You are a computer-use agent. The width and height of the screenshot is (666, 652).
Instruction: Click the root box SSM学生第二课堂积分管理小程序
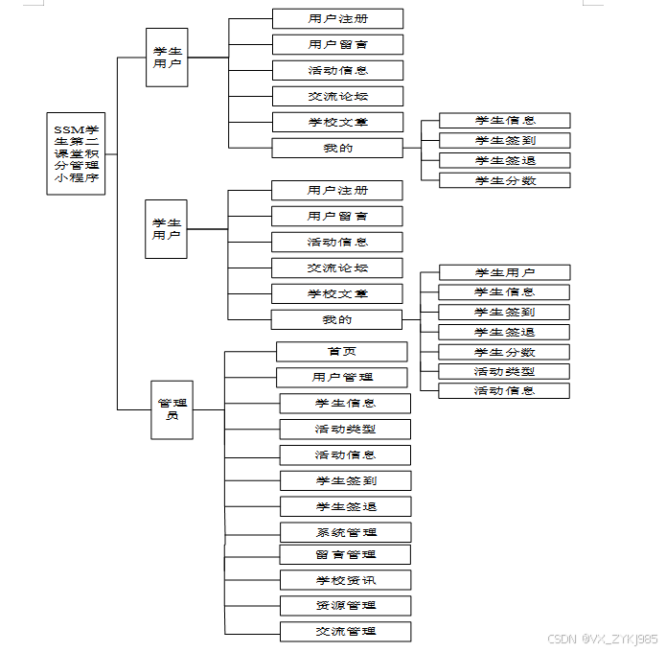click(76, 153)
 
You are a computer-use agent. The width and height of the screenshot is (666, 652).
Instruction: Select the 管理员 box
click(172, 409)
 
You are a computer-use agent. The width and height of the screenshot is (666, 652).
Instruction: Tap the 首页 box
click(342, 351)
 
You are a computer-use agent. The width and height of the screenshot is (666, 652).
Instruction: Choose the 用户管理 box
click(342, 377)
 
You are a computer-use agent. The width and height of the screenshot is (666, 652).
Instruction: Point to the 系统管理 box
click(345, 532)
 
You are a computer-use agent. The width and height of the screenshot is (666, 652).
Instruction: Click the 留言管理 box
click(345, 554)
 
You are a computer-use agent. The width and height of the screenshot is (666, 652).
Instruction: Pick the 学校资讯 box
click(345, 580)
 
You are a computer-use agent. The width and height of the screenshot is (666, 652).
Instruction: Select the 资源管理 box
click(345, 605)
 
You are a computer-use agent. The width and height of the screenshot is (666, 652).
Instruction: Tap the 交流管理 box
click(345, 631)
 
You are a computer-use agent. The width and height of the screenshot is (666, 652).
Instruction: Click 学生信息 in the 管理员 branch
click(345, 403)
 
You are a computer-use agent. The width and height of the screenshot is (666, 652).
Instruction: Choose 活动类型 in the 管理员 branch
click(345, 429)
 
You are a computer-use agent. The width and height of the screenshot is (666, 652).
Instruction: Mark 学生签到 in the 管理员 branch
click(345, 480)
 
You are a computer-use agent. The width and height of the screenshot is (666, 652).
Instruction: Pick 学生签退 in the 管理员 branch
click(345, 506)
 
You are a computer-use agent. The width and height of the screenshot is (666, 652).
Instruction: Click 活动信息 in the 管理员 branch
click(345, 454)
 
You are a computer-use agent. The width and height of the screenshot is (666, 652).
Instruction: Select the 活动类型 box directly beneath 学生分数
click(504, 371)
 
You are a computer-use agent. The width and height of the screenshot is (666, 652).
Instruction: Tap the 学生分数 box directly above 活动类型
click(504, 352)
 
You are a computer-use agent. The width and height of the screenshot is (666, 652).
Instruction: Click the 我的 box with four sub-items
click(337, 148)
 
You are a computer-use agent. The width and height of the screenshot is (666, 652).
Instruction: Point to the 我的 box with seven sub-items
click(337, 319)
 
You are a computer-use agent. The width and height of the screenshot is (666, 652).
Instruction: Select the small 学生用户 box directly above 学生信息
click(504, 272)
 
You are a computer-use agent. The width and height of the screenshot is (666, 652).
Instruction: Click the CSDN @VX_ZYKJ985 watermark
click(602, 639)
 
